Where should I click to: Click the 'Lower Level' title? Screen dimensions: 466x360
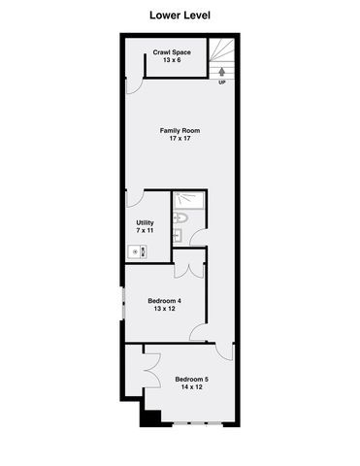pyautogui.click(x=180, y=16)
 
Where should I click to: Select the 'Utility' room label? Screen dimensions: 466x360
pyautogui.click(x=145, y=222)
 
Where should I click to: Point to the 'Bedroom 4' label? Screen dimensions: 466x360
pyautogui.click(x=164, y=300)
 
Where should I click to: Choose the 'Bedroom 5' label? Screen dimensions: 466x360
pyautogui.click(x=191, y=379)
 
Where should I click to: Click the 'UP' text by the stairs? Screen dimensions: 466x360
pyautogui.click(x=222, y=83)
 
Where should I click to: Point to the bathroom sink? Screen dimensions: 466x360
pyautogui.click(x=180, y=235)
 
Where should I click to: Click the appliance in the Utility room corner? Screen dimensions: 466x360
pyautogui.click(x=138, y=251)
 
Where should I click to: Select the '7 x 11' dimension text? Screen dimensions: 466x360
pyautogui.click(x=145, y=231)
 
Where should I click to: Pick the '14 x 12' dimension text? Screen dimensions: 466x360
pyautogui.click(x=191, y=387)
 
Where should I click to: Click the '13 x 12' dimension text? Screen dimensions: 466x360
pyautogui.click(x=164, y=309)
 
